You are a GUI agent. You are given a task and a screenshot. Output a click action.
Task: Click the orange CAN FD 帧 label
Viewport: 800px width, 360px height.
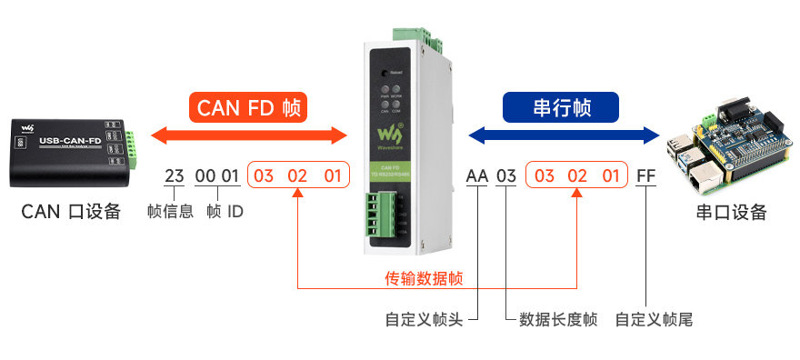point(248,107)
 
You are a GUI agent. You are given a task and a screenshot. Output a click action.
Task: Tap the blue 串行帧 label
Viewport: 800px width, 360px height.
point(561,107)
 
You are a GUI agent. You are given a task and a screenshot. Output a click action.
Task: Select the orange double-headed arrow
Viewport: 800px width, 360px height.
point(248,136)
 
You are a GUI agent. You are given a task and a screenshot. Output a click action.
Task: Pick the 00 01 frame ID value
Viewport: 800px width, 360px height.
point(217,175)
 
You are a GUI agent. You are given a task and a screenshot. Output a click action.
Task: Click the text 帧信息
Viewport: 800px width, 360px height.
point(170,212)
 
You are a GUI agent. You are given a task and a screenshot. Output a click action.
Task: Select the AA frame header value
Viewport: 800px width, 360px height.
point(476,175)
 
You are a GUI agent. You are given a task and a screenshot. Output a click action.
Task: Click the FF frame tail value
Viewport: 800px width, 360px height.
point(645,175)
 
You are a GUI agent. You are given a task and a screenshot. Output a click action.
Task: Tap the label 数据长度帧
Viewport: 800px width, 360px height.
point(557,320)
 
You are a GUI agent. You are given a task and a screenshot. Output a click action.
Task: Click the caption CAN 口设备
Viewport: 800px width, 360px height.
point(72,212)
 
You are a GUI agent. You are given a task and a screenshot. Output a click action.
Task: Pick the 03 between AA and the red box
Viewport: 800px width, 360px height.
point(506,175)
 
